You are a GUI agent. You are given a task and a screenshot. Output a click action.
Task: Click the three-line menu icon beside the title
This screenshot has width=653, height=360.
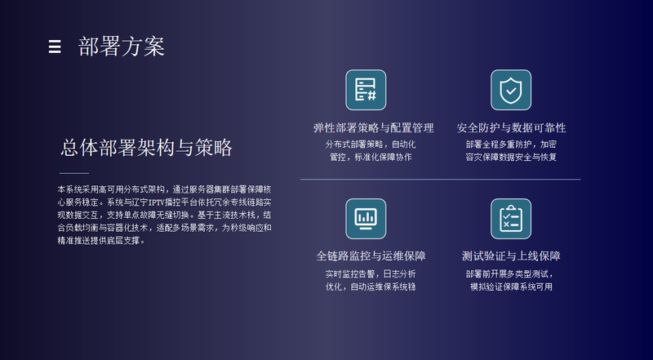pos(55,47)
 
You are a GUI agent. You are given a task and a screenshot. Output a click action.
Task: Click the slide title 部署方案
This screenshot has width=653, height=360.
pos(122,47)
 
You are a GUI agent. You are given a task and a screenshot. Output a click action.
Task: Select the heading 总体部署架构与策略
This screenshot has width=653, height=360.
pos(146,148)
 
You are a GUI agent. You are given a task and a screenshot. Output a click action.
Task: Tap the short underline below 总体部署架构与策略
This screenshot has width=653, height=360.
pos(74,173)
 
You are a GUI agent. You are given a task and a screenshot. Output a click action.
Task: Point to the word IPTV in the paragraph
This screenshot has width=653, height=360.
pos(157,202)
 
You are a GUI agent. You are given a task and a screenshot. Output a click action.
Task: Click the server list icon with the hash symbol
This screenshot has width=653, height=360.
pos(366,90)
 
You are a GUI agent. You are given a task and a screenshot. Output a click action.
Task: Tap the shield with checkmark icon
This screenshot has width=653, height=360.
pos(511,90)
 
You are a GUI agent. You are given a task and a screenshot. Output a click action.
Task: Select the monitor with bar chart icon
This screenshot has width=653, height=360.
pos(366,219)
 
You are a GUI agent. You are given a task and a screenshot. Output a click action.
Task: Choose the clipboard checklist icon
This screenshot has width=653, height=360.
pos(511,219)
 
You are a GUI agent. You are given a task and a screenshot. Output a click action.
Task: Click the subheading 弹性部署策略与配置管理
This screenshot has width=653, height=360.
pos(374,127)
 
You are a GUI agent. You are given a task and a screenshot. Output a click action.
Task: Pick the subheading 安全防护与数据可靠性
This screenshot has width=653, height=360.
pos(511,127)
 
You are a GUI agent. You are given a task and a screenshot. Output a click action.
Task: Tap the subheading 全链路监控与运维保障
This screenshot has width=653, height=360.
pos(371,256)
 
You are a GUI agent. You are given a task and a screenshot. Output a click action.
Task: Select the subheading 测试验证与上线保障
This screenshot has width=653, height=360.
pos(511,256)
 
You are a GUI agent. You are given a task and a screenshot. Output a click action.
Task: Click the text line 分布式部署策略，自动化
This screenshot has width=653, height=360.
pos(371,144)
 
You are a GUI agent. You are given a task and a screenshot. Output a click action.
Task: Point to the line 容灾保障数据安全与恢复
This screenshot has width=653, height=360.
pos(511,157)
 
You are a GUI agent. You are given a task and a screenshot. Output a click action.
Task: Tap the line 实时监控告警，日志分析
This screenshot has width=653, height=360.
pos(371,273)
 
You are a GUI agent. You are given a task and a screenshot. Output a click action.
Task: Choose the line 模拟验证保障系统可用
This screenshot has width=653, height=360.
pos(511,287)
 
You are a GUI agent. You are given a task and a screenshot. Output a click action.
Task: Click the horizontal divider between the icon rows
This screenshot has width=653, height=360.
pos(440,180)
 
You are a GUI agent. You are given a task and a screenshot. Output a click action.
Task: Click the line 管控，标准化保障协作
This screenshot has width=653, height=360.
pos(371,157)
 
